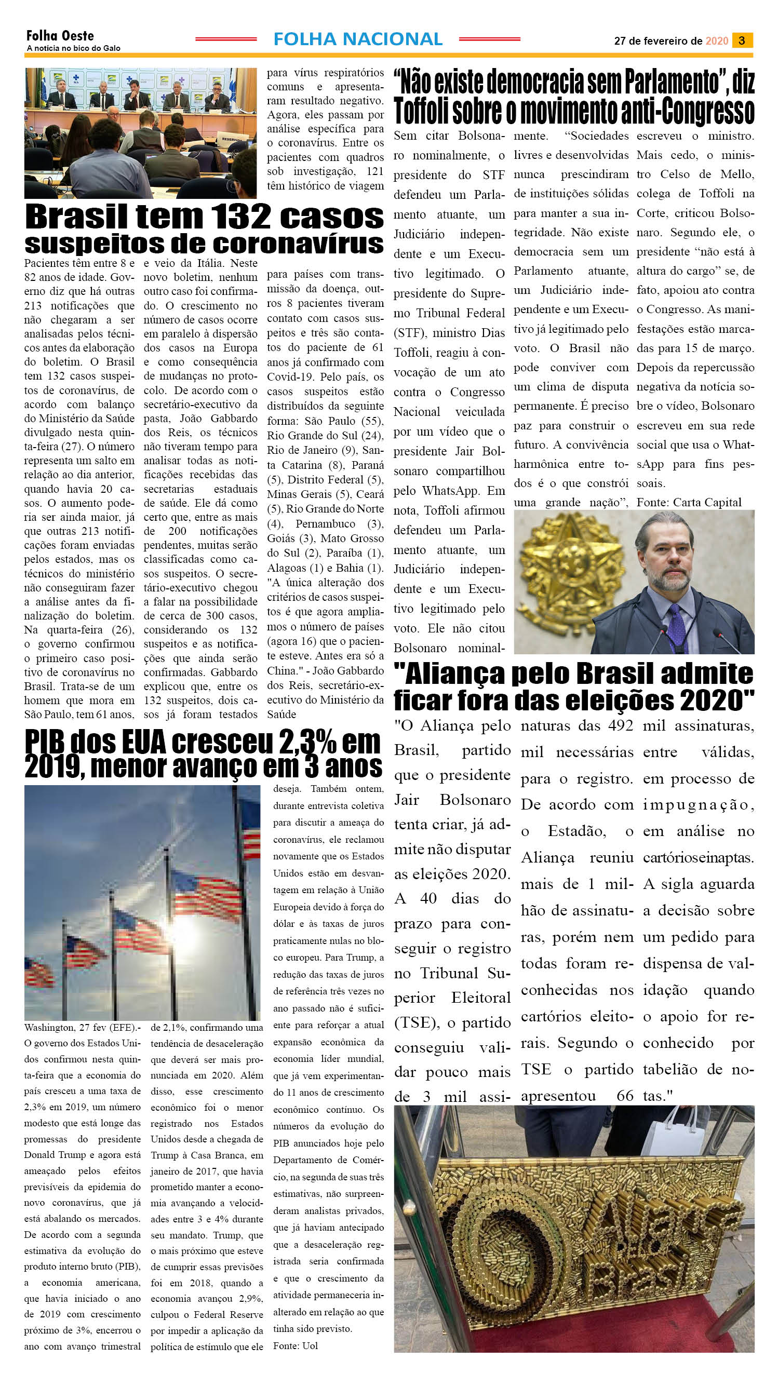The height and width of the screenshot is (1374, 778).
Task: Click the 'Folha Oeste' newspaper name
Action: coord(60,36)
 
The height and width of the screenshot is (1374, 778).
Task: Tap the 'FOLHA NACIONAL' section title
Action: coord(357,39)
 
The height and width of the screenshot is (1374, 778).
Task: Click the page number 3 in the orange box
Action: coord(742,41)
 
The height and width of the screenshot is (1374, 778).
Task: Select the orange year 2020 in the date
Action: coord(717,41)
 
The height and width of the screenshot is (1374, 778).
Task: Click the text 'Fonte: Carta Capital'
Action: coord(689,503)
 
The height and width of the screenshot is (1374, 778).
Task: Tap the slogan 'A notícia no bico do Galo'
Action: coord(74,48)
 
